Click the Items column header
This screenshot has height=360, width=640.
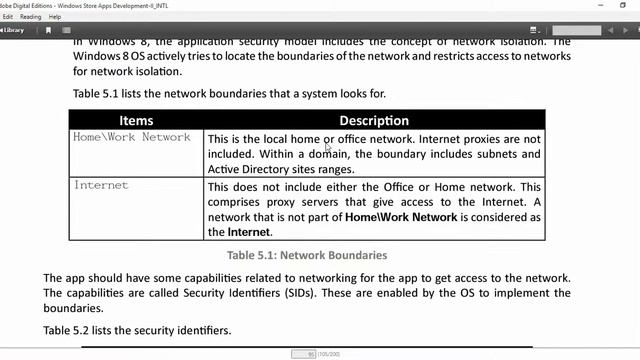tap(136, 121)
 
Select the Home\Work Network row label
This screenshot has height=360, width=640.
tap(131, 137)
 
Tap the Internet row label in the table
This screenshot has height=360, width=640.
tap(101, 185)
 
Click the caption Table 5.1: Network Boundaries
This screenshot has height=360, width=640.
tap(307, 255)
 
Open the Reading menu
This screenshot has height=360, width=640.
tap(31, 17)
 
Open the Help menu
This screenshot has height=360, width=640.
tap(55, 17)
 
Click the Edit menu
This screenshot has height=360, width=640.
tap(8, 17)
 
